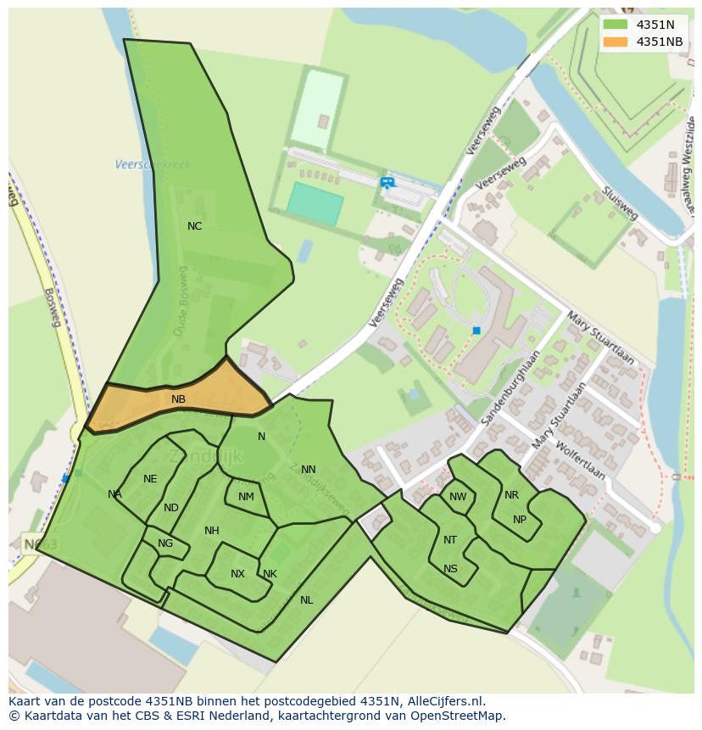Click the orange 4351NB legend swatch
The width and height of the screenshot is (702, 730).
click(616, 42)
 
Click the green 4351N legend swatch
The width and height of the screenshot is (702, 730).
click(616, 25)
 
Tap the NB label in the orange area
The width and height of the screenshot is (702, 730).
click(178, 399)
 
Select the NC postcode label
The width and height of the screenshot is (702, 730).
click(195, 226)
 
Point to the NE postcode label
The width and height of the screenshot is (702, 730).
click(150, 479)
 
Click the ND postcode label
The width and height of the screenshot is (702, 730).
click(171, 508)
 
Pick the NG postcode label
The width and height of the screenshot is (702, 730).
click(165, 543)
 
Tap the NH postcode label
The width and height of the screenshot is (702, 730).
click(212, 531)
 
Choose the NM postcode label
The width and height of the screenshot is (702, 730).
click(246, 497)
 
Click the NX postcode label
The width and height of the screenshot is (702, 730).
click(237, 574)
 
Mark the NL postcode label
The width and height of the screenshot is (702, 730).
click(306, 600)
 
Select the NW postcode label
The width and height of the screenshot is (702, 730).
click(458, 497)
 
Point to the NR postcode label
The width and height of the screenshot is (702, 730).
click(511, 495)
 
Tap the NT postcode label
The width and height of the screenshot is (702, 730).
click(450, 540)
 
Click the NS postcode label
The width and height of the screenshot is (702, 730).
click(450, 569)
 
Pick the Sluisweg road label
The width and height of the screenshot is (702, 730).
click(620, 203)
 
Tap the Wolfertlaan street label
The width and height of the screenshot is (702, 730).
click(581, 459)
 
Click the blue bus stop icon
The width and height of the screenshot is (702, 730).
click(387, 182)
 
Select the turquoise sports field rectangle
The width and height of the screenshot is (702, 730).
click(315, 204)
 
